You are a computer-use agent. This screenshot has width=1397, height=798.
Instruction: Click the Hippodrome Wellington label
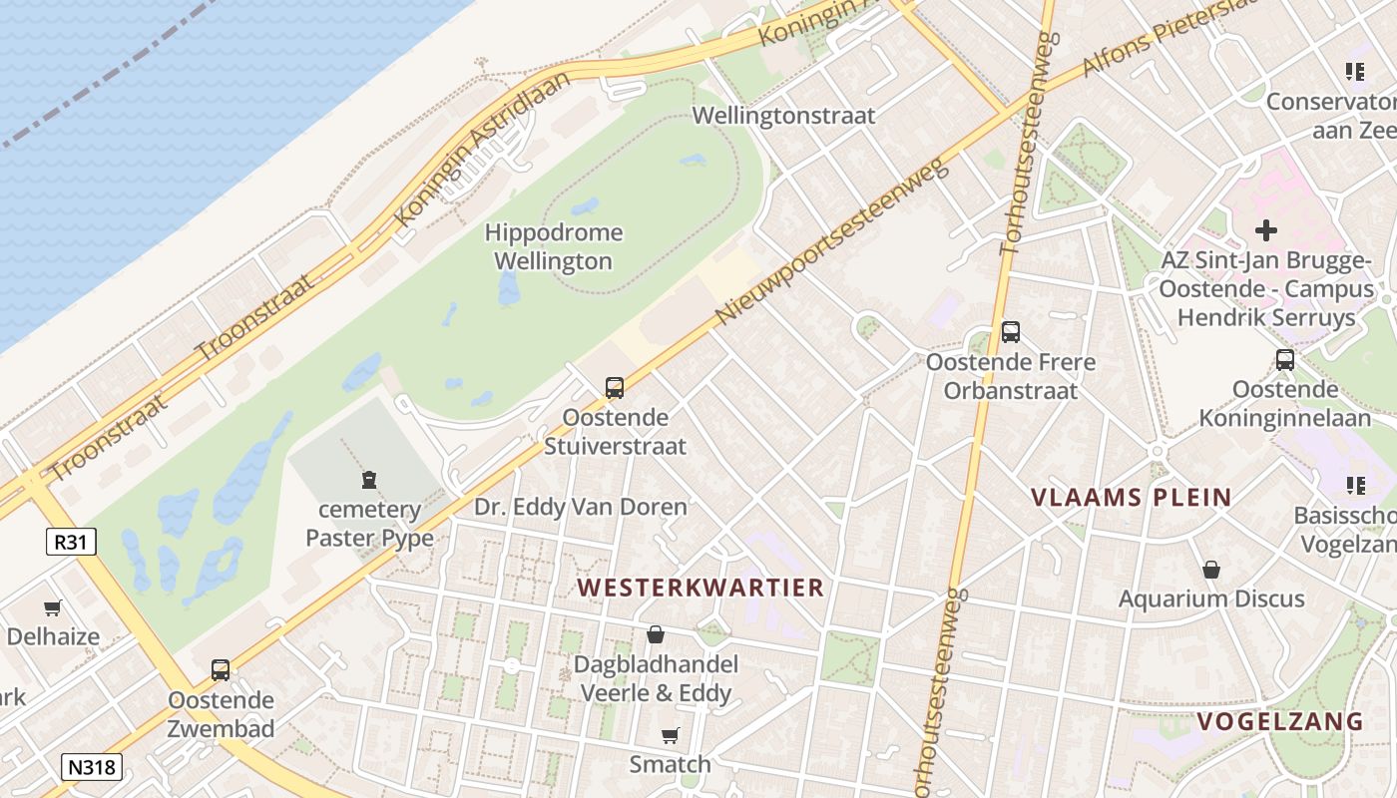tap(553, 247)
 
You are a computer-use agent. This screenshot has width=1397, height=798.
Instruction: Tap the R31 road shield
tap(71, 542)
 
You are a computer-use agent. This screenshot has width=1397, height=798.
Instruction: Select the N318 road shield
tap(92, 767)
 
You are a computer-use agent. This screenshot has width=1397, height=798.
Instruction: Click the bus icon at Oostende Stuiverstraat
tap(615, 388)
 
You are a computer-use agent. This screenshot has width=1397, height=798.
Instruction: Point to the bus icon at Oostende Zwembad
tap(221, 670)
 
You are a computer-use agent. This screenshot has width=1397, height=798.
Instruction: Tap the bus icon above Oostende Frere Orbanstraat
tap(1011, 332)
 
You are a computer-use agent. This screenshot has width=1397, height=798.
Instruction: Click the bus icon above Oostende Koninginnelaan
tap(1285, 360)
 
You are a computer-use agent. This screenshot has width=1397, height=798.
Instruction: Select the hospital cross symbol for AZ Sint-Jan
tap(1266, 230)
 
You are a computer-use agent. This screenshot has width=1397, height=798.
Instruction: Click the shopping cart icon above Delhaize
tap(53, 607)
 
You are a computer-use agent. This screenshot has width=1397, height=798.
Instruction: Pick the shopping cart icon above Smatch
tap(671, 735)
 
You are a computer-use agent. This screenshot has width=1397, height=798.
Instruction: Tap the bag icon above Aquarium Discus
tap(1211, 570)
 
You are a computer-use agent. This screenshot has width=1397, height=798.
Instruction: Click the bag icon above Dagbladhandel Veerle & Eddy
tap(656, 634)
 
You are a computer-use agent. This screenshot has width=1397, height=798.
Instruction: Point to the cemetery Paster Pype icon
tap(370, 480)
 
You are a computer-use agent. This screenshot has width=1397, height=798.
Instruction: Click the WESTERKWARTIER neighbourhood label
tap(700, 588)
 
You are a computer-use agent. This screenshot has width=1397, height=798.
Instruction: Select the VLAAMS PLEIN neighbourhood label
tap(1131, 497)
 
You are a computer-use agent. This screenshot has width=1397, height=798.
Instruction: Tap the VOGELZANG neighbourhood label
tap(1279, 721)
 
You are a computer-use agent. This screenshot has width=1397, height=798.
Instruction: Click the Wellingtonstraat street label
tap(783, 116)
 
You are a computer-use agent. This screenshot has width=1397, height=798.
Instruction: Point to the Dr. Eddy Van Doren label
tap(580, 507)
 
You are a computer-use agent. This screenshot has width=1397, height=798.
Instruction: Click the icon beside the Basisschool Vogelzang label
tap(1355, 486)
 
